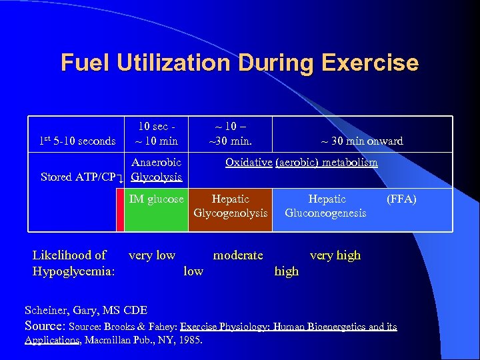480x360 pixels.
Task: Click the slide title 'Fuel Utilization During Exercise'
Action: tap(239, 63)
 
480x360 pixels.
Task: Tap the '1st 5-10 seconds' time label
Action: tap(77, 141)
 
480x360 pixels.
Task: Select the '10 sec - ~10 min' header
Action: tap(157, 133)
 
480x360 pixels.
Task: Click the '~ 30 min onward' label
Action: tap(362, 141)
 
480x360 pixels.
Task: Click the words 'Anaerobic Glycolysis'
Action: tap(157, 170)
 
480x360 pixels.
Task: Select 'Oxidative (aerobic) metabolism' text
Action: tap(301, 163)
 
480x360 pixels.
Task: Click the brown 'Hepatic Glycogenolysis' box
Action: tap(230, 206)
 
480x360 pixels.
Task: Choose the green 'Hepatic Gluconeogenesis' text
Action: tap(325, 206)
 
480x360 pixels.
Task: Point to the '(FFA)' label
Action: tap(401, 199)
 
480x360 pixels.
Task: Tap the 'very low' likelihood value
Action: tap(152, 255)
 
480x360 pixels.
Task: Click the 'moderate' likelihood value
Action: tap(238, 255)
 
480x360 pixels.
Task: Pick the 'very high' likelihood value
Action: tap(335, 255)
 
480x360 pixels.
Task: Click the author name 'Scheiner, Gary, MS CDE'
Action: tap(86, 310)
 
